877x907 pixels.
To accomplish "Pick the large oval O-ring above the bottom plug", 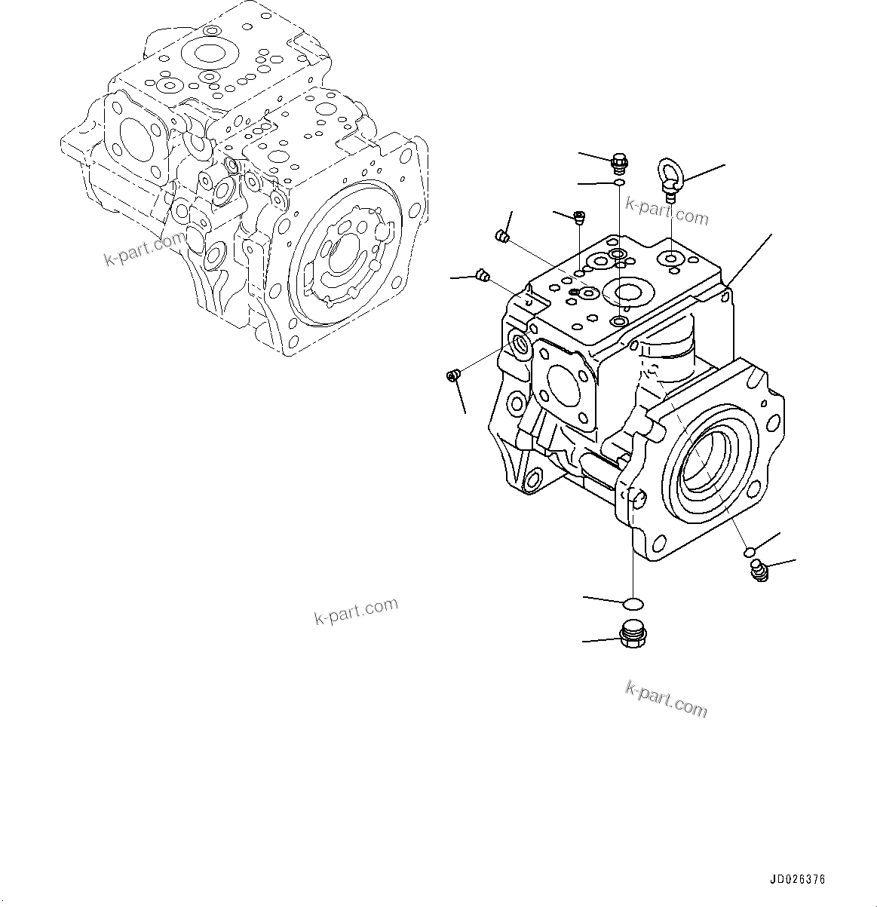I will [633, 602].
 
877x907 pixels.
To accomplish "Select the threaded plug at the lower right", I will [759, 570].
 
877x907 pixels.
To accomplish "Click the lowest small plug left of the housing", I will [454, 375].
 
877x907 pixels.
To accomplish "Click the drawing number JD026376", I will [798, 879].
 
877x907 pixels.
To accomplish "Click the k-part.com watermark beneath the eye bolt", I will [668, 213].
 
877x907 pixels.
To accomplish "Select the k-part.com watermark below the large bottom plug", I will [667, 699].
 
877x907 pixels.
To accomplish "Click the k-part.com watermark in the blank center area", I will [355, 611].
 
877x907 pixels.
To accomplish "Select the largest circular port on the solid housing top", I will [628, 292].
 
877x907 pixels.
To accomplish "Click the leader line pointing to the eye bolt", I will [703, 173].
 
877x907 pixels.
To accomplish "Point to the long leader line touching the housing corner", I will [748, 261].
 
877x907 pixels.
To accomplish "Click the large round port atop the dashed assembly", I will [207, 53].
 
